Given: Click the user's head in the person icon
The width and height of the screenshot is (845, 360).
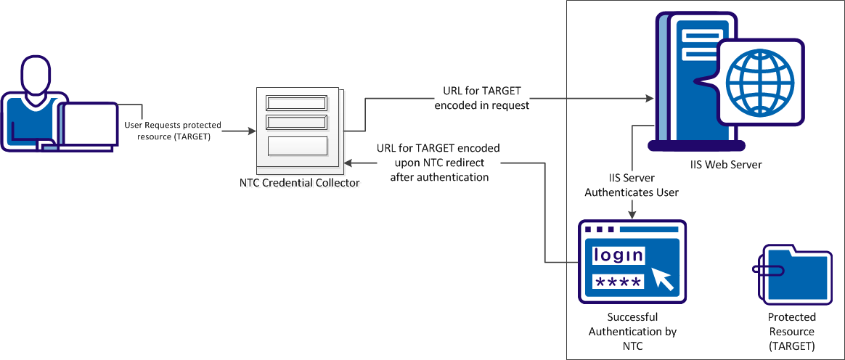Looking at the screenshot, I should click(34, 75).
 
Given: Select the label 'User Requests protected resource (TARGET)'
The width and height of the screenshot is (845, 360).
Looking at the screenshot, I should click(173, 131).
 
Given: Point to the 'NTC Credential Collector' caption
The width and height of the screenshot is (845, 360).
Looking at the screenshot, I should click(299, 183).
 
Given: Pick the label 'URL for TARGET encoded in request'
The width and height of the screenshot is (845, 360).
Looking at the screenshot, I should click(482, 99).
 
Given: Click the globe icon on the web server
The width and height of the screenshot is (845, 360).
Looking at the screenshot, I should click(759, 80).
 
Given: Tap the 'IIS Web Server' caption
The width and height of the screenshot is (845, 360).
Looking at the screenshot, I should click(727, 165).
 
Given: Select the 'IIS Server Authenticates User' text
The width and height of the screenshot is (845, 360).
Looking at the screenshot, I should click(632, 184).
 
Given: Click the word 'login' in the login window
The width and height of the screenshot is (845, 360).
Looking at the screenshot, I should click(618, 255).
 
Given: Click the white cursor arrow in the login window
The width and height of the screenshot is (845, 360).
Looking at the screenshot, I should click(661, 278).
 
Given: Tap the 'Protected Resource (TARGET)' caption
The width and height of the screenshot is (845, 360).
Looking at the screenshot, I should click(792, 331).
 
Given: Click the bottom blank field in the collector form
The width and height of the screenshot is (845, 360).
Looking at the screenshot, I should click(298, 146).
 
